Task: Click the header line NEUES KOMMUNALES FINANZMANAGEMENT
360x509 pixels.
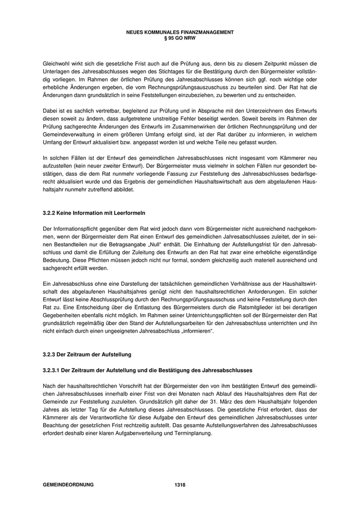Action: tap(179, 32)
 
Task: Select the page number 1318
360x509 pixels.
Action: tap(179, 485)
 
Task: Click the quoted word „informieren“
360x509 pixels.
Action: tap(195, 331)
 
